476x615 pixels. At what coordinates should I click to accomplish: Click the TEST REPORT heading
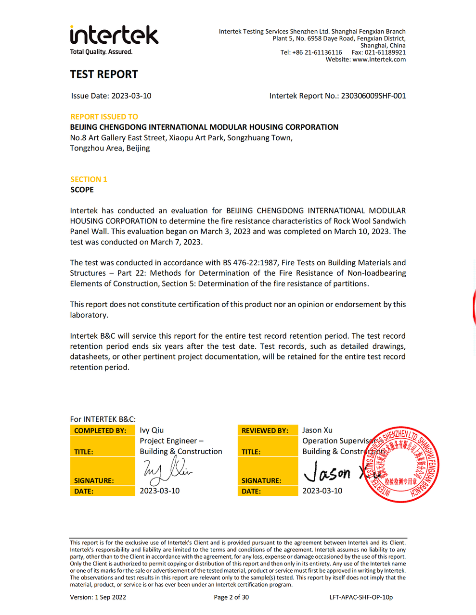[104, 74]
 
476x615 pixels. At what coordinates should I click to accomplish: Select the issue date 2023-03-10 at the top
[131, 96]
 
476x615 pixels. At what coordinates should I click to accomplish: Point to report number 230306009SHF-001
[373, 96]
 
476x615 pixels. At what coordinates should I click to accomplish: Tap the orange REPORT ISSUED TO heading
[104, 117]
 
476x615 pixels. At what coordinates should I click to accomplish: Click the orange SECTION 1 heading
[89, 179]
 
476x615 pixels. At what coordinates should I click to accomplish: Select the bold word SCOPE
[82, 190]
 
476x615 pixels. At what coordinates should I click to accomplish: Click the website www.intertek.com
[379, 60]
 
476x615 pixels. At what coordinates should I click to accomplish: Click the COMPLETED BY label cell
[102, 430]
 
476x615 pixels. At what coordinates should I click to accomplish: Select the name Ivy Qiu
[152, 430]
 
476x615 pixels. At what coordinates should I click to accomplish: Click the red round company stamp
[400, 465]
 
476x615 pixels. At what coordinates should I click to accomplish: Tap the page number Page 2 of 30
[232, 597]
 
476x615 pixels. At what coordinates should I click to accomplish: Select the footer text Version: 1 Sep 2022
[98, 597]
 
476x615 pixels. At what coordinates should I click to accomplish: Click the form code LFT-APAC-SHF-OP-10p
[361, 597]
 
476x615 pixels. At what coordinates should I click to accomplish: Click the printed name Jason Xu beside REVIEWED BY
[317, 430]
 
